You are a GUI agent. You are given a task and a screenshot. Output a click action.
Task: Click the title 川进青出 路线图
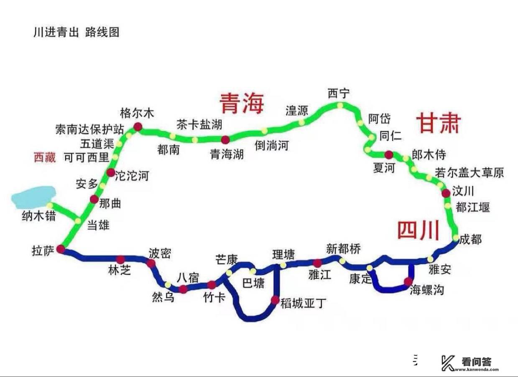pyautogui.click(x=76, y=32)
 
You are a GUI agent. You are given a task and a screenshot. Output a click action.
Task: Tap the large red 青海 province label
pyautogui.click(x=242, y=103)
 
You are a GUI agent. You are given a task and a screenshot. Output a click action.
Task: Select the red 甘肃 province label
pyautogui.click(x=438, y=124)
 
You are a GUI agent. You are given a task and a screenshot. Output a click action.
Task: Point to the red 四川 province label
pyautogui.click(x=418, y=230)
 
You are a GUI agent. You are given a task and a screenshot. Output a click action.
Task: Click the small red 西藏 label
pyautogui.click(x=45, y=157)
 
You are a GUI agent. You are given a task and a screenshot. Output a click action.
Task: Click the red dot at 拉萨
pyautogui.click(x=61, y=249)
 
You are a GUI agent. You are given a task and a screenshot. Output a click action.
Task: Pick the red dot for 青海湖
pyautogui.click(x=225, y=139)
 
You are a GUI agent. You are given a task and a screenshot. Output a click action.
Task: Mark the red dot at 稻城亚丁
pyautogui.click(x=275, y=300)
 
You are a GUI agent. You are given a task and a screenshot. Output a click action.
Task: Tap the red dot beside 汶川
pyautogui.click(x=446, y=192)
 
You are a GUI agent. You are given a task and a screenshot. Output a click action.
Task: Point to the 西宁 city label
pyautogui.click(x=339, y=94)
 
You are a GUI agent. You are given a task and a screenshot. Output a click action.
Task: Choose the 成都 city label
pyautogui.click(x=470, y=240)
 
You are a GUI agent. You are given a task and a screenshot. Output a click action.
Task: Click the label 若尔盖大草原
pyautogui.click(x=470, y=172)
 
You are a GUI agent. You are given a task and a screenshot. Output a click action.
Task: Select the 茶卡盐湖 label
pyautogui.click(x=199, y=124)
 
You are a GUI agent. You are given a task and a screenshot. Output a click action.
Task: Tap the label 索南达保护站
pyautogui.click(x=89, y=129)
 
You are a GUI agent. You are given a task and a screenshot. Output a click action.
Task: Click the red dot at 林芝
pyautogui.click(x=121, y=260)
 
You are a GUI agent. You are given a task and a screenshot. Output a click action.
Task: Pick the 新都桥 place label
pyautogui.click(x=343, y=248)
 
